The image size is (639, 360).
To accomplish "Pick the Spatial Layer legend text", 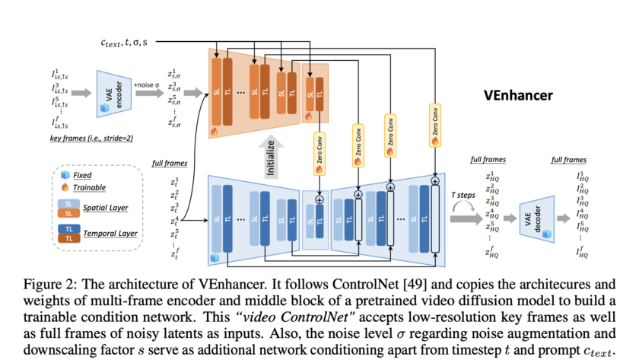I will (x=108, y=208).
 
